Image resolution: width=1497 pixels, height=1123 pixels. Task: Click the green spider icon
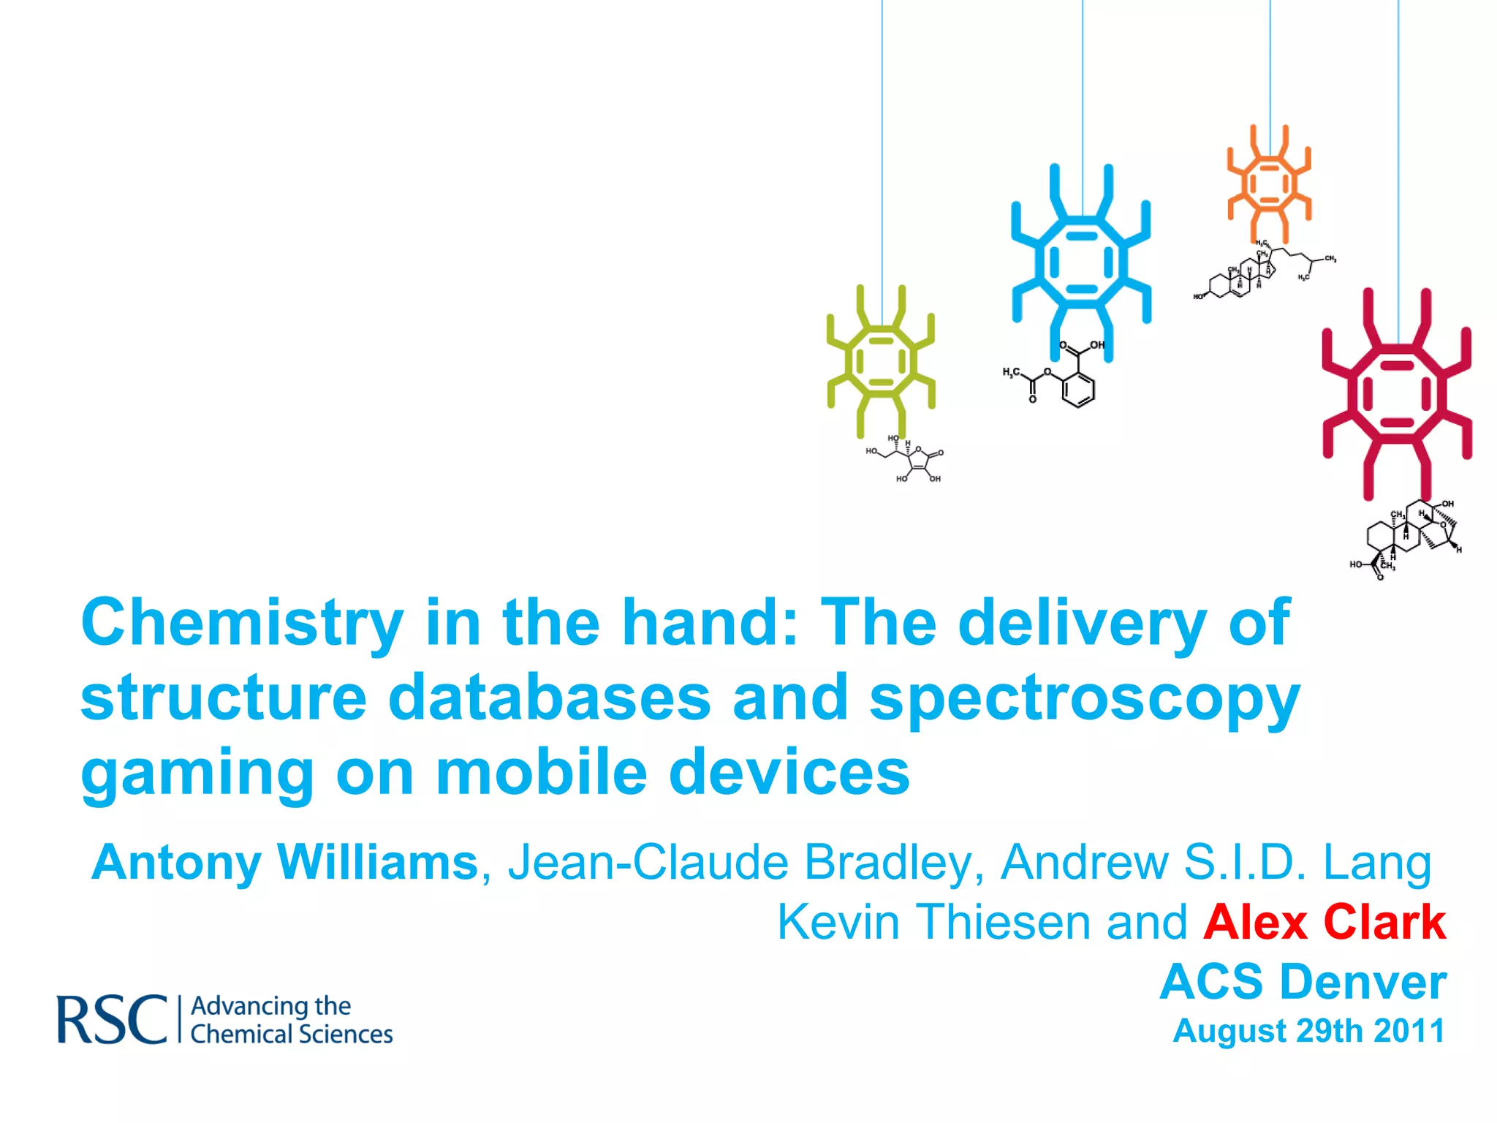coord(881,361)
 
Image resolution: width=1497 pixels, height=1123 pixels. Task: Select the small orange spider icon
coord(1270,183)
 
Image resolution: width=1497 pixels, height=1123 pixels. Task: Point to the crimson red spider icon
coord(1397,395)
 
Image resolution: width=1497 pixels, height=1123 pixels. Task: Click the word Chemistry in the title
coord(242,623)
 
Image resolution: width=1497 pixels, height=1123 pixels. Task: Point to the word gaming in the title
coord(197,774)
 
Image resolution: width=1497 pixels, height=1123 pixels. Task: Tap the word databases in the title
coord(549,697)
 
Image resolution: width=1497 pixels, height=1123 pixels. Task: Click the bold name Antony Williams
coord(284,863)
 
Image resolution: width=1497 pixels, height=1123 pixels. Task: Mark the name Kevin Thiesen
coord(935,922)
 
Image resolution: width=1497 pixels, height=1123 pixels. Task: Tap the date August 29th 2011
coord(1308,1031)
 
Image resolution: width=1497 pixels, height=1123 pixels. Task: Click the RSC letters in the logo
coord(112,1019)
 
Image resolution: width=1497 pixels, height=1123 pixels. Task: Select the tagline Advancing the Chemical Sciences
coord(291,1020)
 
